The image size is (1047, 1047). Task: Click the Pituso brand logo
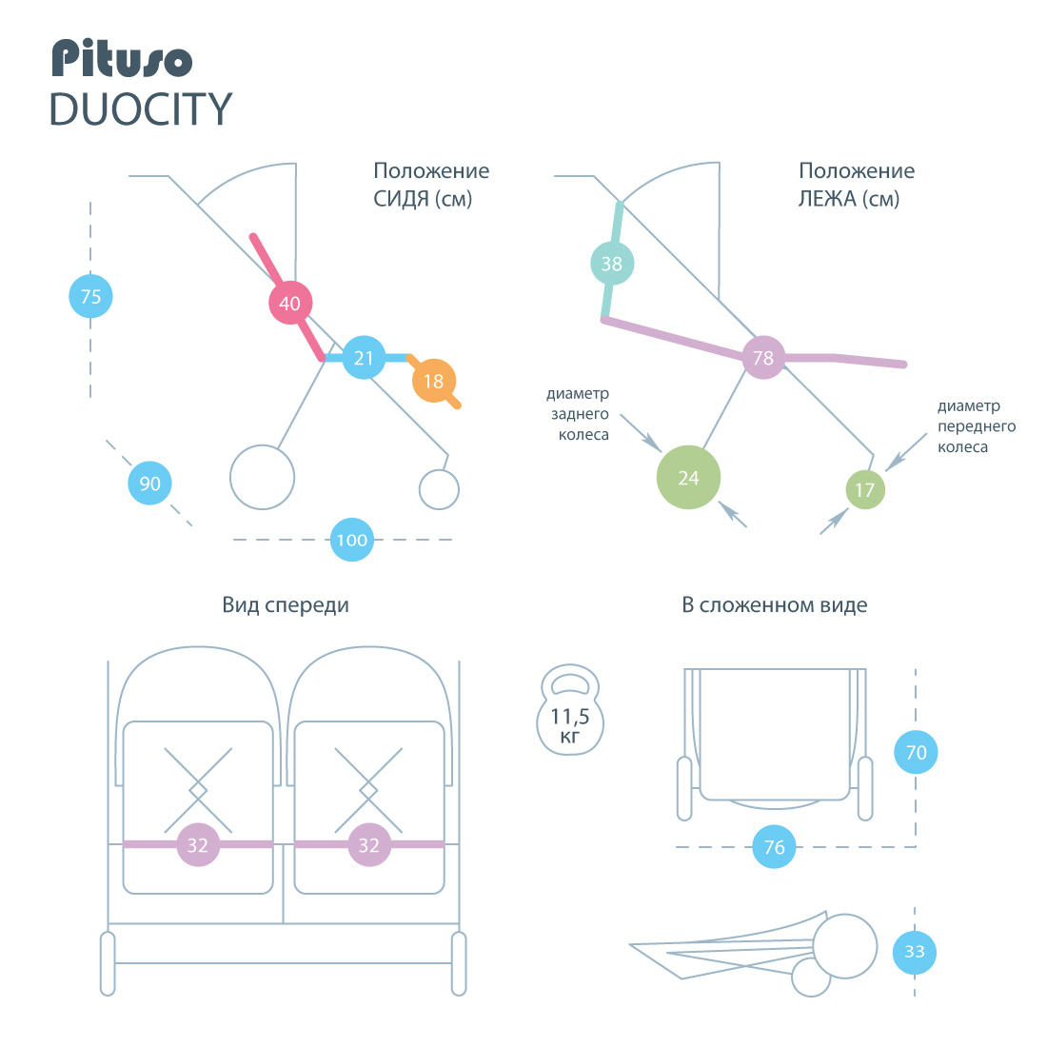(122, 59)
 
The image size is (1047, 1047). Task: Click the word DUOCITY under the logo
(141, 109)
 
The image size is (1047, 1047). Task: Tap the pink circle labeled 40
(290, 303)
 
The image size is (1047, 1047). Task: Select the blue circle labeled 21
(364, 358)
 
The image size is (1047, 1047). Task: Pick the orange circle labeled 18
(433, 381)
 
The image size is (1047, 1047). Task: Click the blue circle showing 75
(90, 296)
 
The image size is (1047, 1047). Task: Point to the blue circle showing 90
(150, 484)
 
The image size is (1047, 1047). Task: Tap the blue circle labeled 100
(352, 540)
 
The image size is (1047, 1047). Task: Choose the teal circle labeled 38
(612, 264)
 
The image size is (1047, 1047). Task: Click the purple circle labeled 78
(763, 358)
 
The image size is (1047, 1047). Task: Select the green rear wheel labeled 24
(688, 478)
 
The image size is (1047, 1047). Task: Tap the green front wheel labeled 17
(865, 490)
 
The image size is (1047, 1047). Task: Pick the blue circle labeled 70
(916, 753)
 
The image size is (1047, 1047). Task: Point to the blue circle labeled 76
(775, 847)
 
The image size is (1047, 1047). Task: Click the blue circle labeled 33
(915, 952)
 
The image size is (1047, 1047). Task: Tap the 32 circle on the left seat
(198, 845)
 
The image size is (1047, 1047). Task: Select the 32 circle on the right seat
(369, 845)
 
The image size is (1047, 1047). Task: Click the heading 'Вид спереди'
(286, 605)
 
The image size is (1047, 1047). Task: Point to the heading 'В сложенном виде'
(774, 605)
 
